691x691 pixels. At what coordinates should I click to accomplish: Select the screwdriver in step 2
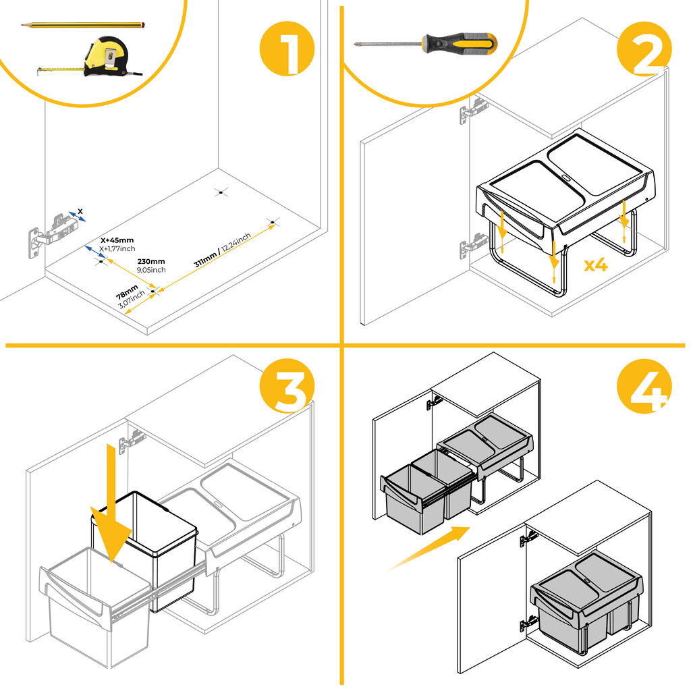(425, 44)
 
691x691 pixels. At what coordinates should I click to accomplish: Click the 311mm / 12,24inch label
(223, 250)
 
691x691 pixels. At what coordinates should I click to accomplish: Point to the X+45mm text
(117, 240)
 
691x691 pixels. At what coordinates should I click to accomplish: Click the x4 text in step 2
(596, 265)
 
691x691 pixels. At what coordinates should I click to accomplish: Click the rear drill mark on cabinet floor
(219, 193)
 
